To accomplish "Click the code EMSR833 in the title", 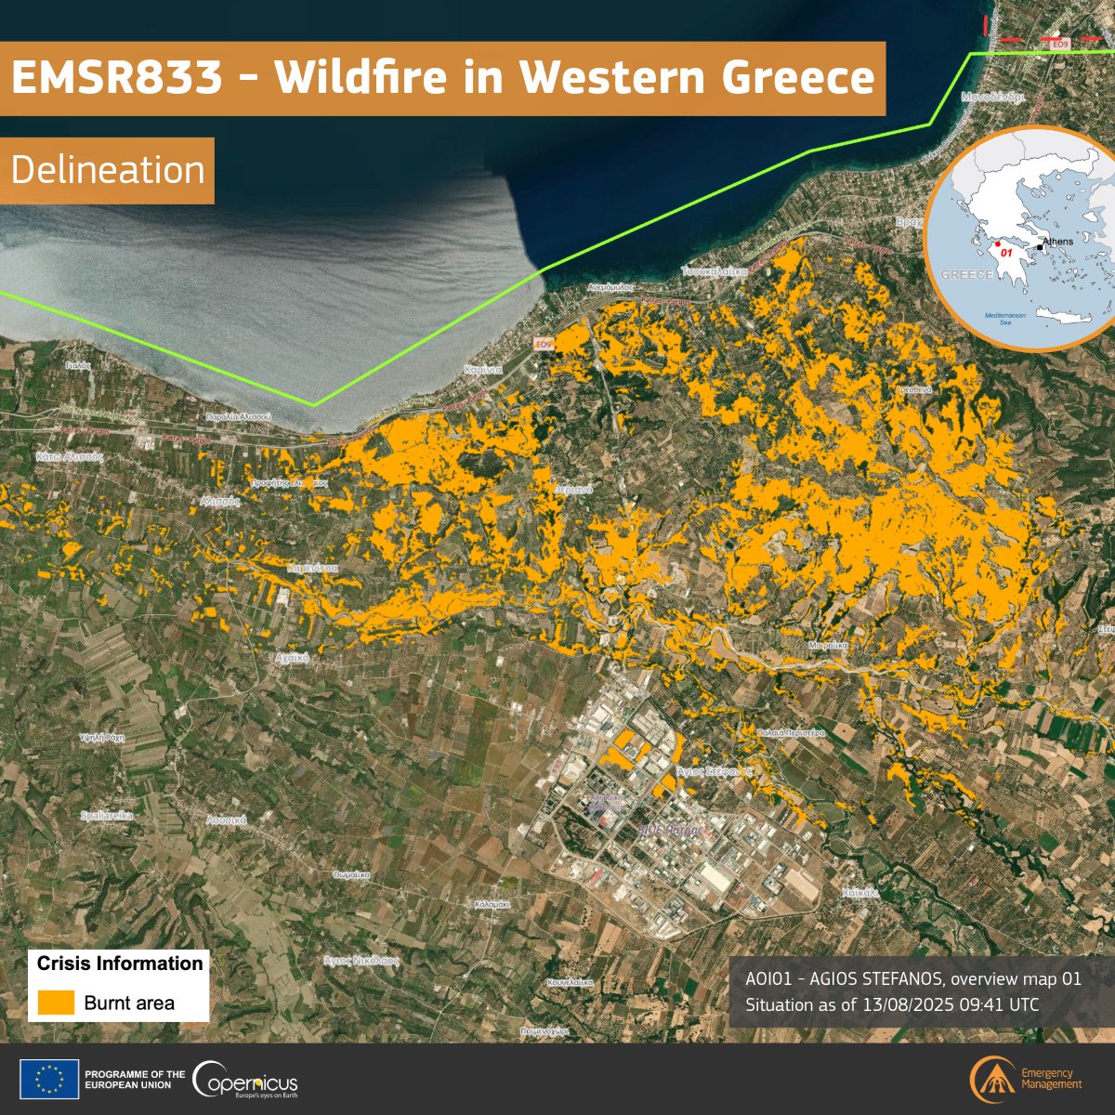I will click(117, 78).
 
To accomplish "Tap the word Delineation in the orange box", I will click(108, 171).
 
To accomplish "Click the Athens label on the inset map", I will click(1057, 242).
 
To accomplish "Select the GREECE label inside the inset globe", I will click(966, 275).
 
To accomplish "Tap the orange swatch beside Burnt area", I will click(57, 1003).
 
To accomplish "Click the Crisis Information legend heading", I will click(120, 964).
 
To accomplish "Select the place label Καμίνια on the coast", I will click(483, 369).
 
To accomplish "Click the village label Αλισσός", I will click(220, 499).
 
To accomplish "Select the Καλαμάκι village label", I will click(492, 903).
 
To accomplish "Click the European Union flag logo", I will click(49, 1080).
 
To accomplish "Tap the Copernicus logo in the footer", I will click(245, 1080).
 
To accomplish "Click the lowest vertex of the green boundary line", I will click(314, 404).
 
